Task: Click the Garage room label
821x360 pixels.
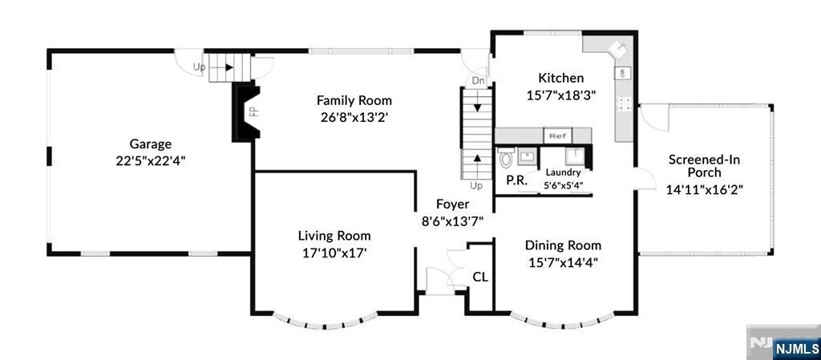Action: [x=151, y=144]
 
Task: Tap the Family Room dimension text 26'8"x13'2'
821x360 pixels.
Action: [x=354, y=116]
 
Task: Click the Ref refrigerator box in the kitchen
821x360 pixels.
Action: [x=558, y=136]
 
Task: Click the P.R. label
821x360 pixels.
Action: [x=516, y=180]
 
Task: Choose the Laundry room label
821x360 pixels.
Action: [x=563, y=172]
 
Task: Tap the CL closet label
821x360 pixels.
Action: [x=480, y=277]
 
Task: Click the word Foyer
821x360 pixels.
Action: [x=452, y=204]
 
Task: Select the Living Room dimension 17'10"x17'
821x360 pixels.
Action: [x=334, y=252]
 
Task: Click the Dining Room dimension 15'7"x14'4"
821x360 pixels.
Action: [x=563, y=261]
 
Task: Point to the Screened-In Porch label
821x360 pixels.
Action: [x=694, y=166]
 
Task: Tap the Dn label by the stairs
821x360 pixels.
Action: [x=479, y=81]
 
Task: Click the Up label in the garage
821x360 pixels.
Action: [x=199, y=67]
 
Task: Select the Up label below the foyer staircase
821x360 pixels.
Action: [x=476, y=186]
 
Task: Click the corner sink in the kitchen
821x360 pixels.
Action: [x=618, y=49]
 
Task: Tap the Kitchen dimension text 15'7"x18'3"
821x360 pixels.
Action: [x=561, y=94]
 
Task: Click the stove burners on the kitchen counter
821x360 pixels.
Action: [x=623, y=103]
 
